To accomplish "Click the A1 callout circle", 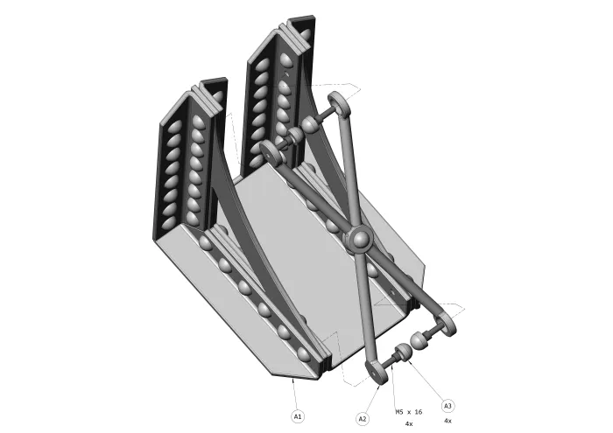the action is click(298, 416).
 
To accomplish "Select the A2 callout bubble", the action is click(363, 419).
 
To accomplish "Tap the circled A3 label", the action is click(447, 406).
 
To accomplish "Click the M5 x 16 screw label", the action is click(409, 412).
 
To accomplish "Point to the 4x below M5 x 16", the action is click(409, 423).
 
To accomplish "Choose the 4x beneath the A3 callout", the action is click(448, 421).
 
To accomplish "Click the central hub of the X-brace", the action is click(359, 238).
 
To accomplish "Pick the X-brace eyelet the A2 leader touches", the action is click(377, 372).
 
